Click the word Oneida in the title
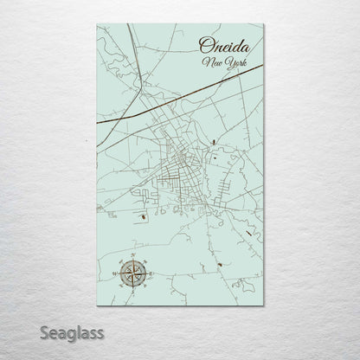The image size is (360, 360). click(222, 45)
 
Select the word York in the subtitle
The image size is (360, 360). click(232, 63)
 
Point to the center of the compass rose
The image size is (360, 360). click(133, 274)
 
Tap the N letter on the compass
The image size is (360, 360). click(133, 258)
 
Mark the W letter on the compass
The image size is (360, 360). click(116, 274)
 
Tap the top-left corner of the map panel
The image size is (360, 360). click(98, 24)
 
